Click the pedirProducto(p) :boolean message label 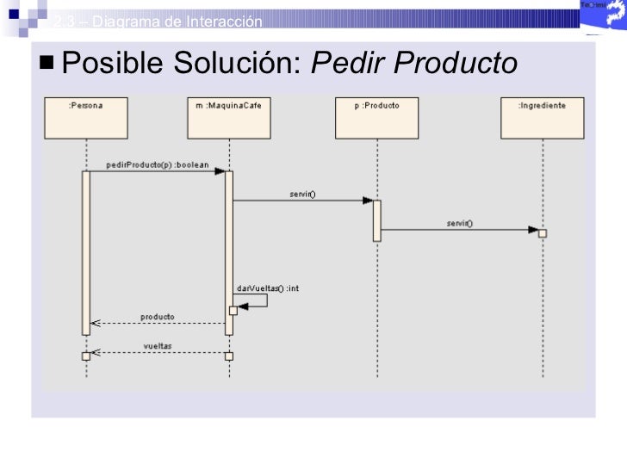point(158,164)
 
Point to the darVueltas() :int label point(267,288)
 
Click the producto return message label point(158,317)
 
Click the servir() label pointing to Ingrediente point(459,223)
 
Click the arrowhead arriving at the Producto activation point(367,201)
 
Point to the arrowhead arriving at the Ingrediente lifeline point(533,230)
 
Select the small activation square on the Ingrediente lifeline point(543,232)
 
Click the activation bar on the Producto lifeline point(376,220)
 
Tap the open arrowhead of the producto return point(96,325)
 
